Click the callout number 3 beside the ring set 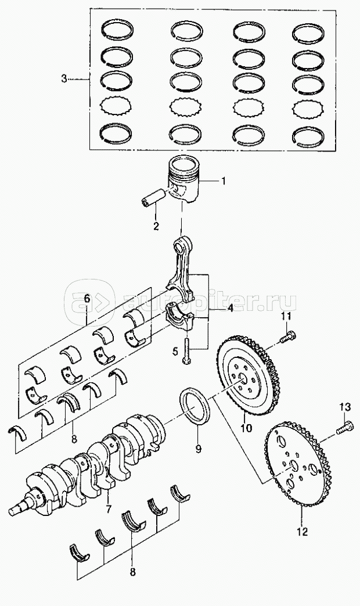[x=64, y=79]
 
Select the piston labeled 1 [x=182, y=178]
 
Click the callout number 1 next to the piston [x=222, y=181]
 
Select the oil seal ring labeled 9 [x=195, y=408]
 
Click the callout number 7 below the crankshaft [x=109, y=509]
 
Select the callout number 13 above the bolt [x=345, y=407]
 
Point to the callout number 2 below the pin [x=156, y=227]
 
